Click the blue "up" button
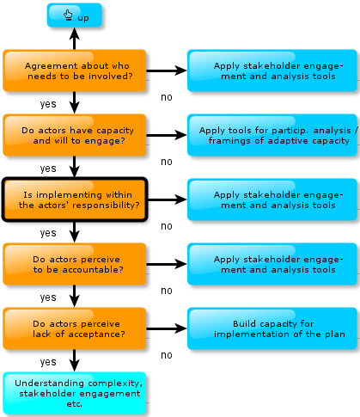tap(75, 15)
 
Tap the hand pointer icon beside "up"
tap(68, 15)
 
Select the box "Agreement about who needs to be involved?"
tap(75, 71)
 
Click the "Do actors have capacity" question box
tap(75, 135)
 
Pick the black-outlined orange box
tap(75, 199)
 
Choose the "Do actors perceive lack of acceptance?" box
tap(75, 328)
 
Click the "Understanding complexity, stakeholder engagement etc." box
tap(75, 393)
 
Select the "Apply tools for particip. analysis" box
tap(272, 135)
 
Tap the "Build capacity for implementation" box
tap(272, 328)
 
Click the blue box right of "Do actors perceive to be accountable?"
tap(272, 264)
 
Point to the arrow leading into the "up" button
tap(75, 39)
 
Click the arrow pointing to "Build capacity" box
tap(167, 328)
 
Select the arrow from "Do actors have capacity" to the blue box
tap(167, 135)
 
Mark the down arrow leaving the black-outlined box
tap(75, 232)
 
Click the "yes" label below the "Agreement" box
tap(48, 104)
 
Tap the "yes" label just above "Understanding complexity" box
tap(48, 362)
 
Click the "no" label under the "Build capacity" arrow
tap(167, 355)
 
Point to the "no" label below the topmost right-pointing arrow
tap(167, 97)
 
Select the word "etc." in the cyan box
tap(75, 404)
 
